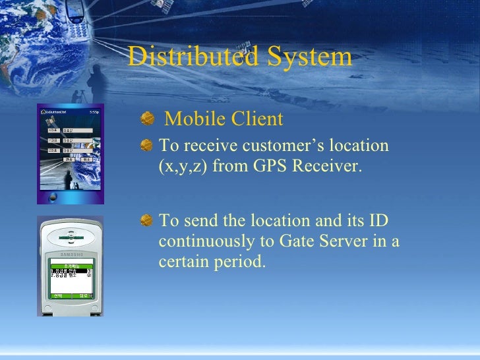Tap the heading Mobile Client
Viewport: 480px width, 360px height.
[224, 119]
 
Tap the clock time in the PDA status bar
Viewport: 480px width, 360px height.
[94, 111]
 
